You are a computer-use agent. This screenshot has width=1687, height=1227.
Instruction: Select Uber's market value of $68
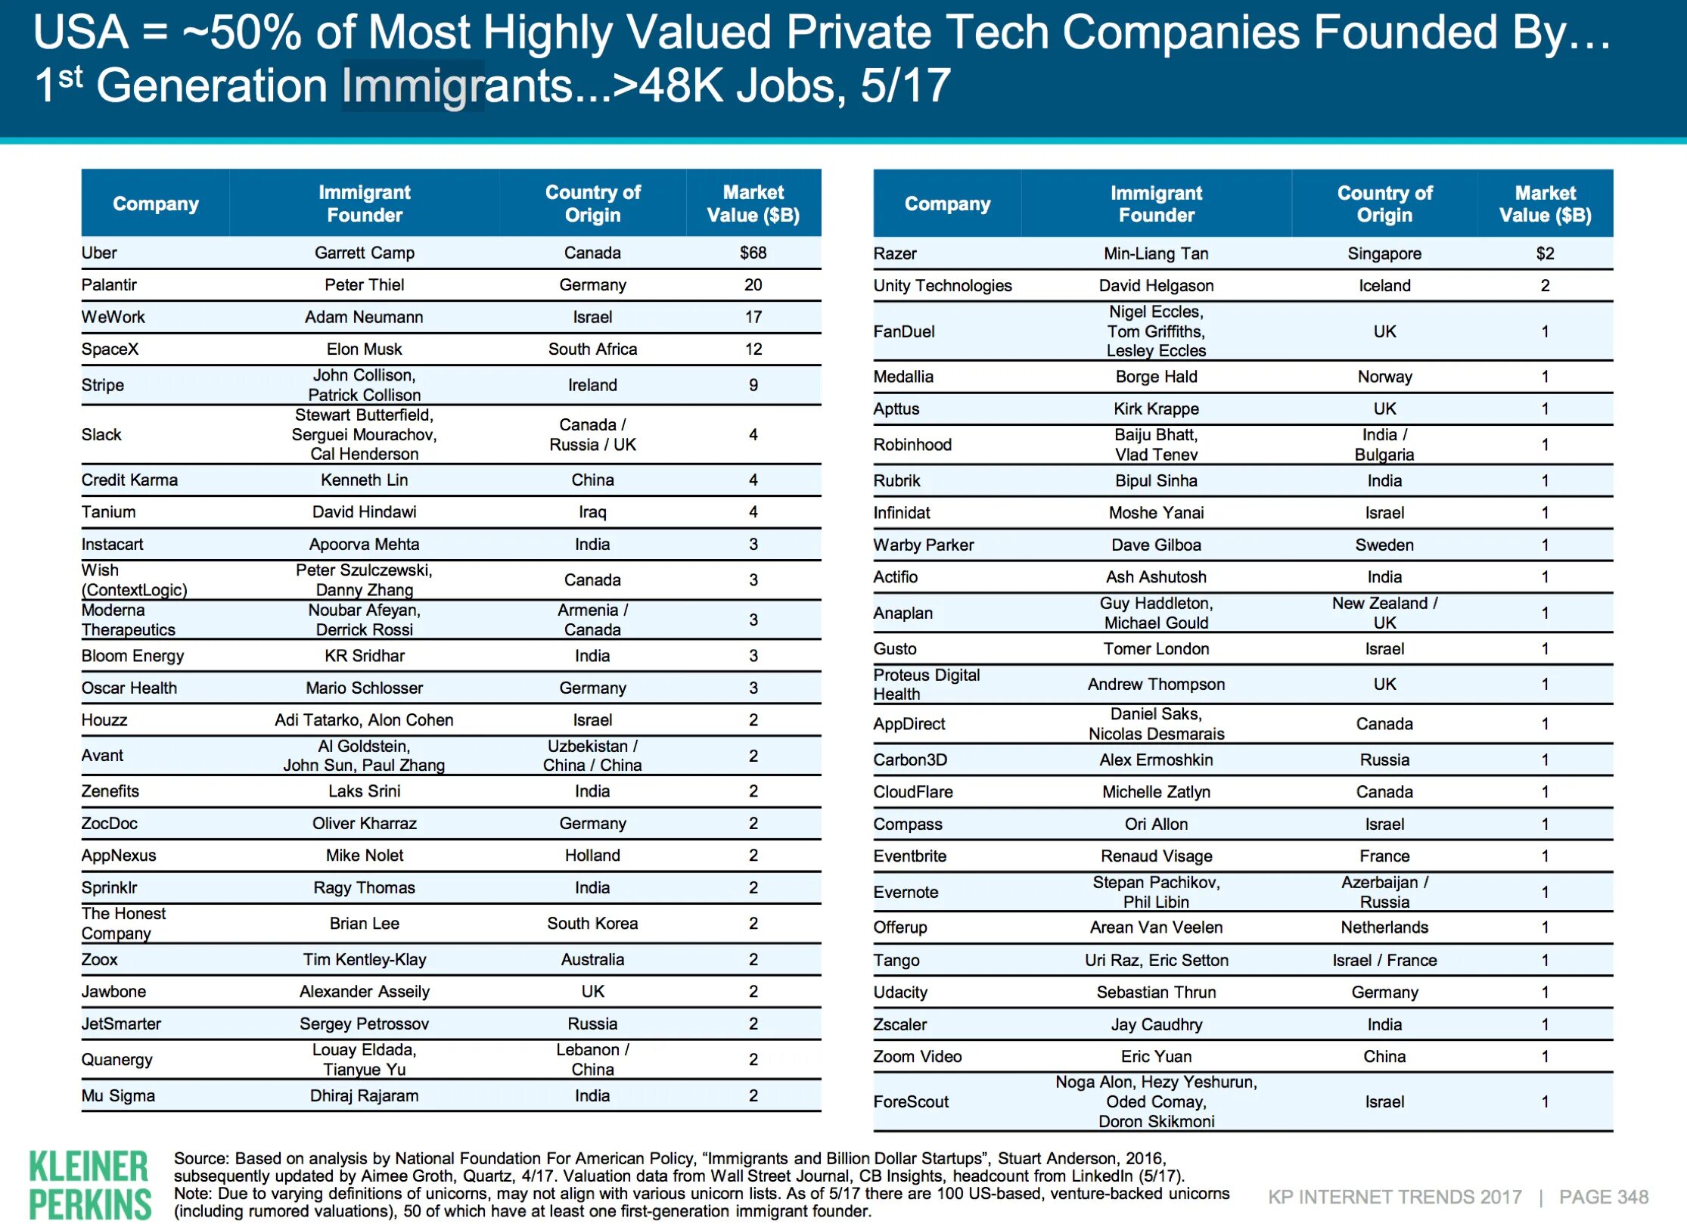click(753, 253)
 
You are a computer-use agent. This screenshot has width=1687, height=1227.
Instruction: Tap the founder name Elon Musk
click(364, 349)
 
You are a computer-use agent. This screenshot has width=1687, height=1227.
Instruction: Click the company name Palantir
click(109, 284)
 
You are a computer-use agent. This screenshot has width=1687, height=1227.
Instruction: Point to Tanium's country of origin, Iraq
click(592, 512)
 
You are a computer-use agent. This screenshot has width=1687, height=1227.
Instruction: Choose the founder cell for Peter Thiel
click(364, 284)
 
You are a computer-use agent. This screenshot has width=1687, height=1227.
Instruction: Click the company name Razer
click(894, 253)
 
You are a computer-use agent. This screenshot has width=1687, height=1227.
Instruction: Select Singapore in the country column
click(1384, 253)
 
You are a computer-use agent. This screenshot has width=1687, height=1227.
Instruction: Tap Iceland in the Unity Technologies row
click(1384, 285)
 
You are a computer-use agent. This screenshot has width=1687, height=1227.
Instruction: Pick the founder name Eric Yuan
click(1156, 1056)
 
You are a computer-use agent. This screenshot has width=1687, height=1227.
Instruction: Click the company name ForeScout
click(910, 1101)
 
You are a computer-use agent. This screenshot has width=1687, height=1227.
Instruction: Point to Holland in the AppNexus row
click(592, 855)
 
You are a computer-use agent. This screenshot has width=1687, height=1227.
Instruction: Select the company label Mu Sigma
click(118, 1095)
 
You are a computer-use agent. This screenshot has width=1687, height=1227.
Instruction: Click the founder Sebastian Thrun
click(1156, 992)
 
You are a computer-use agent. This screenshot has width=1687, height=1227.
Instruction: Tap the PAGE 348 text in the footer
click(1603, 1197)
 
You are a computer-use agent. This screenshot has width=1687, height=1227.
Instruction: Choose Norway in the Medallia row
click(1384, 377)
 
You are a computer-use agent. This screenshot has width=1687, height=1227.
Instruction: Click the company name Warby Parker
click(923, 545)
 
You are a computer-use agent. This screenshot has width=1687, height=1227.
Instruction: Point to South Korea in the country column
click(592, 923)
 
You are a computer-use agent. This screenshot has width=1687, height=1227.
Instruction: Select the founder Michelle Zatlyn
click(1156, 792)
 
